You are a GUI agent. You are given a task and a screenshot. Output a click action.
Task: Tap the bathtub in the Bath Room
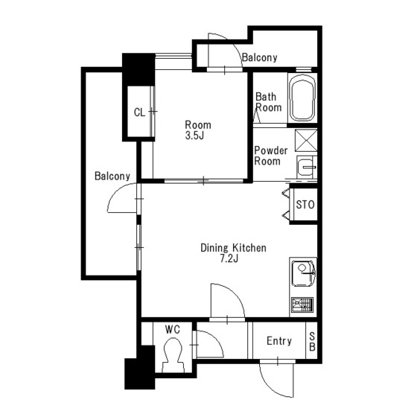tap(302, 98)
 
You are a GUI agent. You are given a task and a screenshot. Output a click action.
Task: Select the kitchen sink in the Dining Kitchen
tap(304, 274)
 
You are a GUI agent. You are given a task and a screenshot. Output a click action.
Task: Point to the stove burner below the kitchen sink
tap(302, 305)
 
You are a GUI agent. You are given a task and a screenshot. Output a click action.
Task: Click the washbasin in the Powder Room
tap(307, 168)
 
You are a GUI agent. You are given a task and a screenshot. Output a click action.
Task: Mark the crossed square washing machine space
tap(306, 140)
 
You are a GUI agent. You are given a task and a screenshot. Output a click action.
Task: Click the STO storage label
tap(305, 205)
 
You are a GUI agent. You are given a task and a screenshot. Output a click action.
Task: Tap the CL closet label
tap(140, 112)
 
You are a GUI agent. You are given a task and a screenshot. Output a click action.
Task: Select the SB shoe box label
tap(312, 341)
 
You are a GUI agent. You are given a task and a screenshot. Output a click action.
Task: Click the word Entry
tap(279, 341)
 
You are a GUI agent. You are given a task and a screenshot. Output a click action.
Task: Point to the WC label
tap(172, 329)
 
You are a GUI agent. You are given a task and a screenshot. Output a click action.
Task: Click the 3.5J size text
tap(194, 136)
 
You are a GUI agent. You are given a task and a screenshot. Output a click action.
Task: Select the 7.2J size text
tap(229, 258)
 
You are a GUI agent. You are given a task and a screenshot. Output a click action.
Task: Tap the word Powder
tap(271, 150)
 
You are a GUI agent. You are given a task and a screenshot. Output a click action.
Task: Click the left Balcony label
tap(112, 176)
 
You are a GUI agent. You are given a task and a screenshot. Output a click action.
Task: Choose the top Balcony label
tap(260, 57)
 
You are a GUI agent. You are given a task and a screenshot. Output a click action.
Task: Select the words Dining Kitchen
tap(233, 248)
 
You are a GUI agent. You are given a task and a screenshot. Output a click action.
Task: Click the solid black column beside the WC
tap(140, 368)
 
